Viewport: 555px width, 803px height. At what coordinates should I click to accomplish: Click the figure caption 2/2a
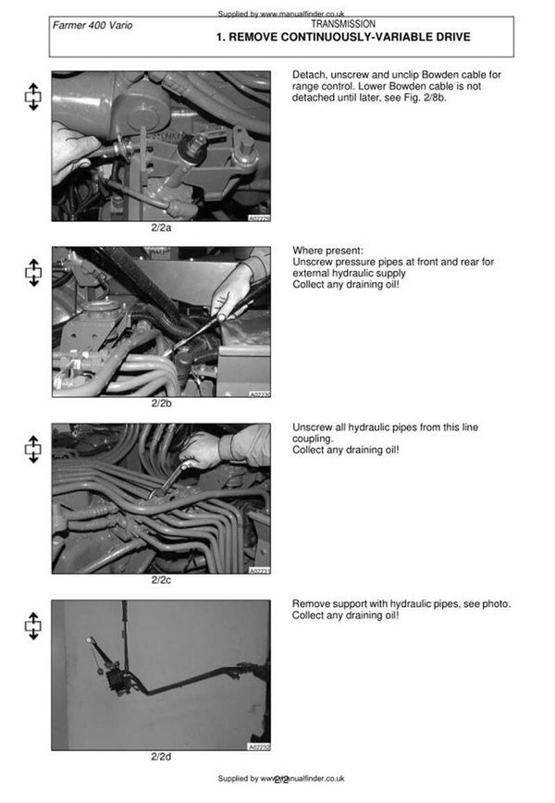click(x=161, y=228)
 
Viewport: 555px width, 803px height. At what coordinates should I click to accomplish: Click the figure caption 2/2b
click(x=161, y=403)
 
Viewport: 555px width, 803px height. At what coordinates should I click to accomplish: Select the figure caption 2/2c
click(x=161, y=580)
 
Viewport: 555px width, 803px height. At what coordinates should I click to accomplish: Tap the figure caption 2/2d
click(x=161, y=757)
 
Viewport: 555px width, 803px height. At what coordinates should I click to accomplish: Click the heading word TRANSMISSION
click(x=343, y=24)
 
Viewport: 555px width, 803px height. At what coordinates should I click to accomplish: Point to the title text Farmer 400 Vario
click(x=92, y=25)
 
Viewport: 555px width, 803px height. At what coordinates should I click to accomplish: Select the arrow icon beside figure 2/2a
click(x=32, y=96)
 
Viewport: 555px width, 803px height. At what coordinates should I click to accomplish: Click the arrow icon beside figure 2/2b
click(x=32, y=272)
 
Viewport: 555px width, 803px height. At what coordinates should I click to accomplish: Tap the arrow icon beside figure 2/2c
click(x=32, y=449)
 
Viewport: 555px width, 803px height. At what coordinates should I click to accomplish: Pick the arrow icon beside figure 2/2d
click(x=32, y=625)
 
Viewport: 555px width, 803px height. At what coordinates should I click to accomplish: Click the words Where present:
click(x=327, y=251)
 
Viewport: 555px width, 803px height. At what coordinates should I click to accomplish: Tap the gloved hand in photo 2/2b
click(x=231, y=290)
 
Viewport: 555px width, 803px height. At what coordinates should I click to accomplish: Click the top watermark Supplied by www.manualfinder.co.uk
click(x=281, y=14)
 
